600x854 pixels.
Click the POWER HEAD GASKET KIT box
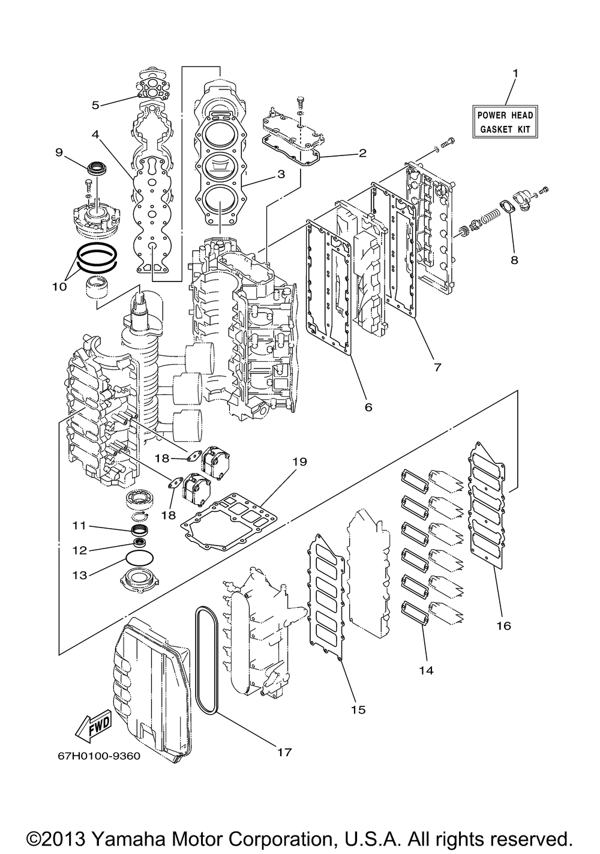(x=505, y=122)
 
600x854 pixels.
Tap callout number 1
(x=515, y=73)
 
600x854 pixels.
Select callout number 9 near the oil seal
(x=59, y=152)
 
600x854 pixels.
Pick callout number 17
(x=285, y=752)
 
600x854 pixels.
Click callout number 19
(x=300, y=462)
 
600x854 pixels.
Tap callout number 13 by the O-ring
(x=80, y=575)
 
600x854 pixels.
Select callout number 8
(x=515, y=260)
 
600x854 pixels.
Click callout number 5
(x=95, y=105)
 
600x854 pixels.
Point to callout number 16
(x=503, y=625)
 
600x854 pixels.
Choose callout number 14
(x=427, y=670)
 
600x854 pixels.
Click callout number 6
(x=368, y=407)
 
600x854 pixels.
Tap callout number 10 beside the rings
(x=59, y=286)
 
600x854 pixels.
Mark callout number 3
(x=281, y=175)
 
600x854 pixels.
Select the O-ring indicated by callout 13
(x=140, y=559)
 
